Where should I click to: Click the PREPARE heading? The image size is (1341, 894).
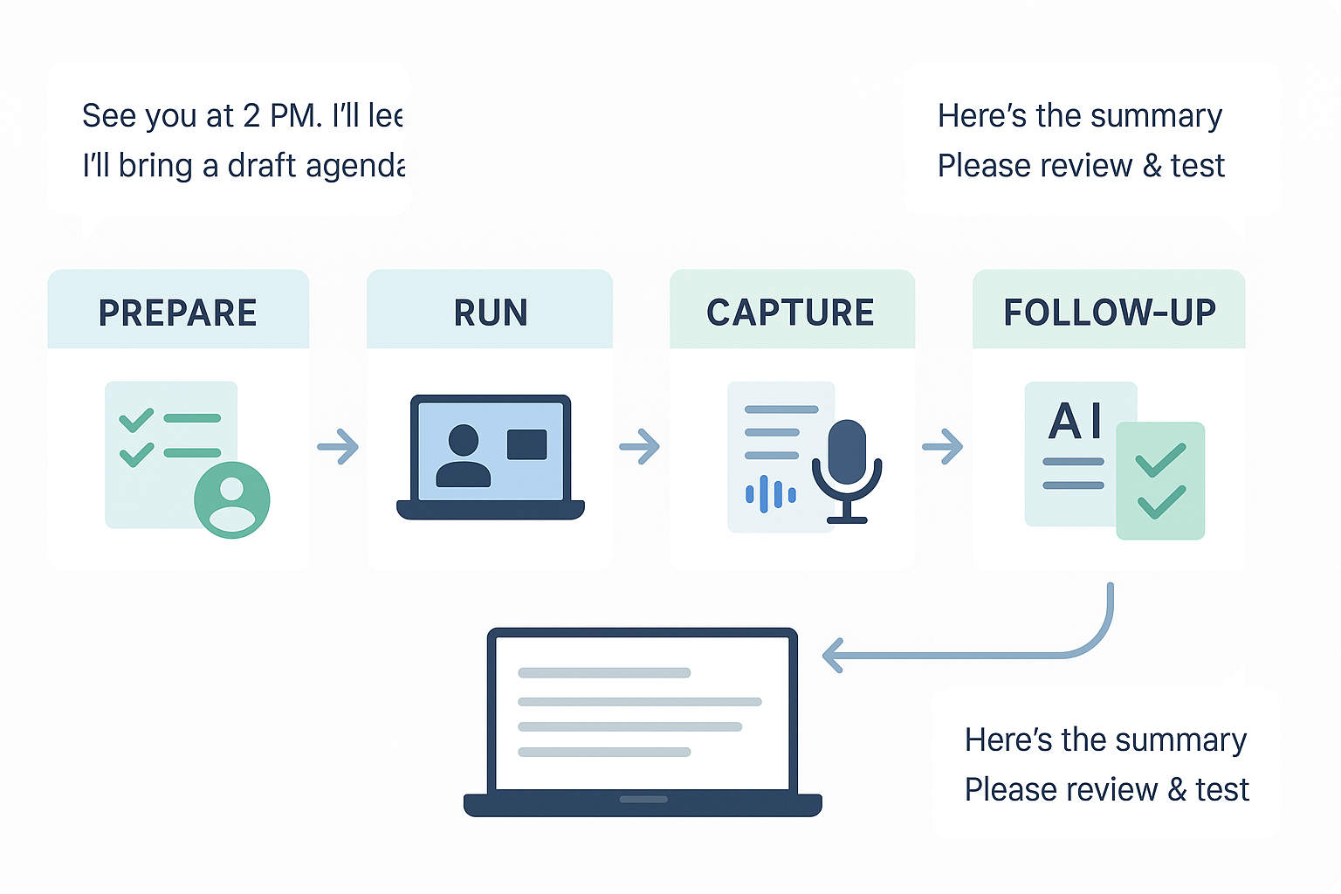[177, 313]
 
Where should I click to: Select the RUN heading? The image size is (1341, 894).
[490, 313]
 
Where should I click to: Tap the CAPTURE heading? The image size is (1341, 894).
[790, 313]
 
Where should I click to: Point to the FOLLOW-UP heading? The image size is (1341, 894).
[1109, 313]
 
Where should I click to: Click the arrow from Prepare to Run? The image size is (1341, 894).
[339, 447]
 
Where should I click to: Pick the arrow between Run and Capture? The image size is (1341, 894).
[641, 447]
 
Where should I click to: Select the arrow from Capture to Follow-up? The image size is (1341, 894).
[944, 447]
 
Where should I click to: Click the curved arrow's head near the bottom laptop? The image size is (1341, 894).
[833, 656]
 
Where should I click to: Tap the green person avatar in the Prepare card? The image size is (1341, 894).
[231, 500]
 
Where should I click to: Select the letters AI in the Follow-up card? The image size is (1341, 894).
[1076, 422]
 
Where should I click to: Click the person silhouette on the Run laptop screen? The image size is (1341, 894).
[463, 456]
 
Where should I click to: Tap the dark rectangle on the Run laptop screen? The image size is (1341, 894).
[526, 444]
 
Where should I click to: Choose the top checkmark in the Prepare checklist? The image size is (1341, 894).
[137, 420]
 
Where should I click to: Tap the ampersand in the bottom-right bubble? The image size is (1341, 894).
[1177, 790]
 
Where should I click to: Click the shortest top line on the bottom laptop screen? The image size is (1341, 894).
[604, 673]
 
